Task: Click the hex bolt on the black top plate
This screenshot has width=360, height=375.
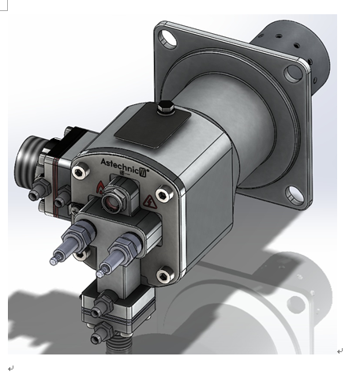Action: tap(165, 107)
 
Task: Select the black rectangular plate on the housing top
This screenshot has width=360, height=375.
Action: tap(152, 126)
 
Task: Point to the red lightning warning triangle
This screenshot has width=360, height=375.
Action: tap(150, 202)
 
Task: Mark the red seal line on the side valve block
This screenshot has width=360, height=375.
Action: tap(55, 187)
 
